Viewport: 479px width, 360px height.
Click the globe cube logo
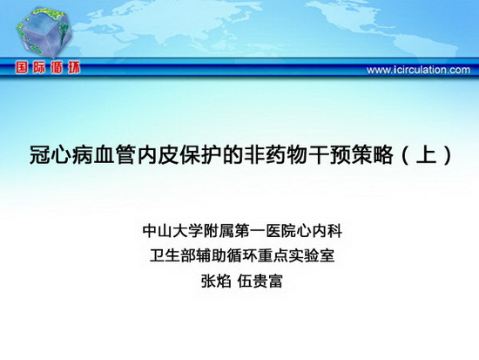click(44, 32)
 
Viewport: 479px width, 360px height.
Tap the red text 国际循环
click(48, 68)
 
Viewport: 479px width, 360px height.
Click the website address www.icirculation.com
click(418, 70)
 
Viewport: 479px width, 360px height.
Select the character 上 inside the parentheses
click(427, 154)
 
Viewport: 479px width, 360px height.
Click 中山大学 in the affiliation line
click(172, 231)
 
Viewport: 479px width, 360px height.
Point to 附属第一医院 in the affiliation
click(249, 231)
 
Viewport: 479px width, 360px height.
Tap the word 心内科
click(320, 231)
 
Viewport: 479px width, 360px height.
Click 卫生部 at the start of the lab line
click(172, 255)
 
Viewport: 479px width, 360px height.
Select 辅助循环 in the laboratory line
click(226, 255)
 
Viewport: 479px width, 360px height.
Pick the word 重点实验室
click(296, 255)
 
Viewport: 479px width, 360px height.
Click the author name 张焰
click(216, 281)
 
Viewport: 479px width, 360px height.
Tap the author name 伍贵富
click(260, 281)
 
